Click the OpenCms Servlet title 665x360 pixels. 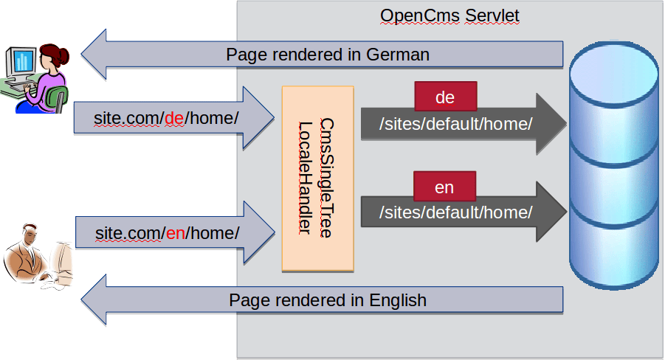pos(449,15)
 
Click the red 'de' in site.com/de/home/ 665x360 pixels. pos(174,118)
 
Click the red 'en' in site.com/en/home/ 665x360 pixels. pos(175,233)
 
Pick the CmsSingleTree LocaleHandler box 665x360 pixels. pos(317,178)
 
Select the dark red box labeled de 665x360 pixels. pos(445,97)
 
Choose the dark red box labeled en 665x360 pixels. pos(444,187)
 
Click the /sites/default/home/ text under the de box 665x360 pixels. pos(455,124)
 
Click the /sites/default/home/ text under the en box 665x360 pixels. pos(455,212)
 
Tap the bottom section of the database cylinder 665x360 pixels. pos(614,251)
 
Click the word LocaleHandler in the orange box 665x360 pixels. pos(303,178)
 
